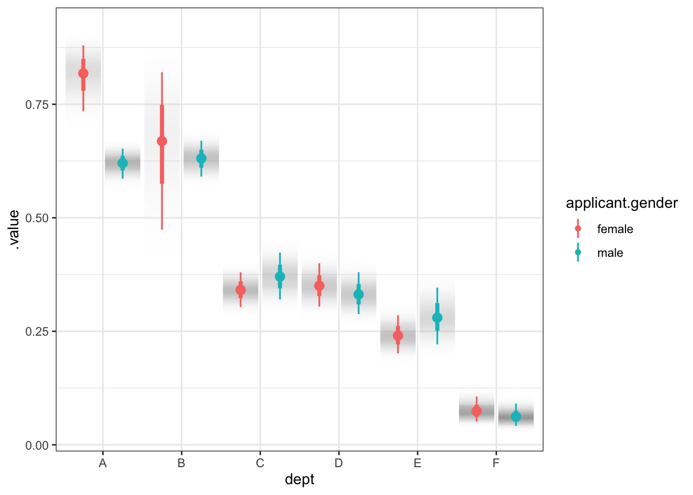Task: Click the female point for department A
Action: click(x=83, y=74)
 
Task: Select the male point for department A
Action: click(x=123, y=163)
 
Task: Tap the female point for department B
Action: click(x=162, y=141)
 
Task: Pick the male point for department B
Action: click(x=201, y=158)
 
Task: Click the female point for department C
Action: click(x=241, y=290)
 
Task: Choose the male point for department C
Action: click(x=280, y=277)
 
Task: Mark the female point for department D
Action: click(x=319, y=286)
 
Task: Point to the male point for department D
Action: click(x=359, y=294)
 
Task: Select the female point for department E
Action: click(x=398, y=336)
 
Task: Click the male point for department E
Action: click(x=437, y=318)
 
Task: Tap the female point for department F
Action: click(x=476, y=411)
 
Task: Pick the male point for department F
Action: click(x=516, y=417)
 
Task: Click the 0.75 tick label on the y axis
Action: click(x=37, y=105)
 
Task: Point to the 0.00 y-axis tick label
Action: click(x=37, y=445)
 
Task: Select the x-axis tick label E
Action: click(x=417, y=463)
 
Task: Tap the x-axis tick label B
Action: click(x=181, y=463)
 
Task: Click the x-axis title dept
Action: click(x=300, y=480)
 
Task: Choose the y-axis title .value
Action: click(x=14, y=229)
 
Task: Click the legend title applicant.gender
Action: click(x=622, y=203)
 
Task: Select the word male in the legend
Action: click(x=610, y=253)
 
